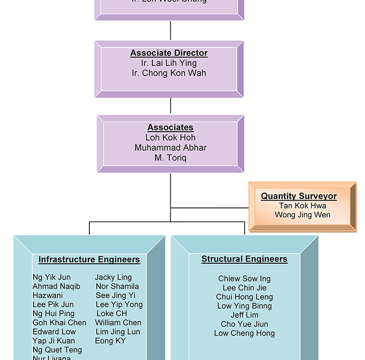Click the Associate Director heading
pos(169,53)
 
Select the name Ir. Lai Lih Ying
pos(169,63)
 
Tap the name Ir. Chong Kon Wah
pos(169,73)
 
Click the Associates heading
pos(170,127)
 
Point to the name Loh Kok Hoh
pos(170,137)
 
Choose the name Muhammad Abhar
pos(170,148)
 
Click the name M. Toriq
pos(170,158)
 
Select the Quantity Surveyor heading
pos(299,196)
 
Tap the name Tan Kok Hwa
pos(302,206)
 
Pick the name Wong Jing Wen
pos(302,215)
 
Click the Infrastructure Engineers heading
pos(89,259)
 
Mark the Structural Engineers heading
pos(244,259)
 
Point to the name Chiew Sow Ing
pos(244,279)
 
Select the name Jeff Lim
pos(244,315)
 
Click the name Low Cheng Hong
pos(244,333)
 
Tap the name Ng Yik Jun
pos(52,277)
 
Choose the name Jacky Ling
pos(113,277)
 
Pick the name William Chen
pos(118,323)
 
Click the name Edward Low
pos(54,332)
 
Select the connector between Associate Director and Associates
pos(170,106)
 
